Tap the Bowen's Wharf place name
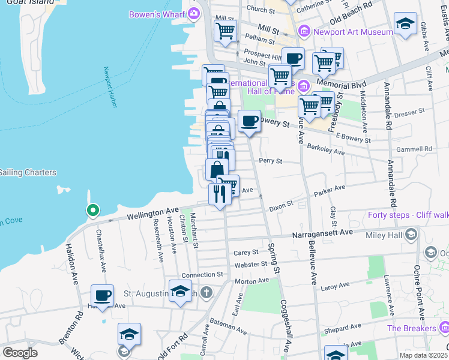pyautogui.click(x=157, y=13)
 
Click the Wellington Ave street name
pyautogui.click(x=152, y=212)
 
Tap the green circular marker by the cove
pyautogui.click(x=92, y=211)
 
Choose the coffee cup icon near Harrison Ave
pyautogui.click(x=102, y=296)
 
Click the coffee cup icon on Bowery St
pyautogui.click(x=249, y=121)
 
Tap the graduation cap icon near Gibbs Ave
pyautogui.click(x=406, y=24)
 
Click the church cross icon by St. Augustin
pyautogui.click(x=206, y=293)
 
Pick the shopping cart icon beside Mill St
pyautogui.click(x=225, y=31)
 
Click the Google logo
pyautogui.click(x=20, y=352)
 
